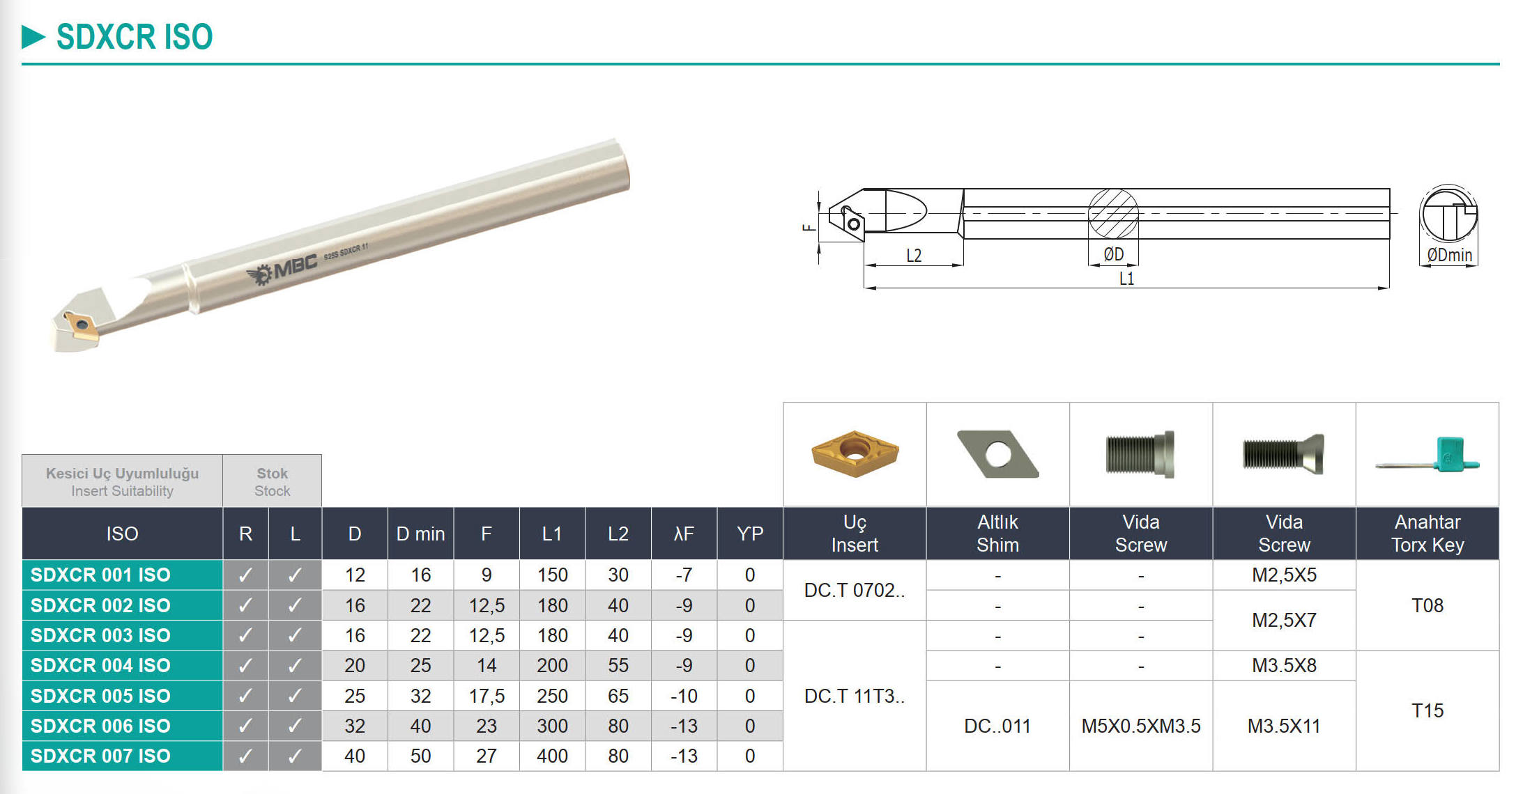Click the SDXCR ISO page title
(x=135, y=37)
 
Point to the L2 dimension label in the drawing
(x=914, y=256)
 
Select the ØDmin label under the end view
(x=1450, y=256)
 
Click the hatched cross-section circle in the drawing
(x=1113, y=214)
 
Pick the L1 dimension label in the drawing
(x=1126, y=279)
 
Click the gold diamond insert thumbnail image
(x=855, y=453)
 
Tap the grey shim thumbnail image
(x=998, y=453)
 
